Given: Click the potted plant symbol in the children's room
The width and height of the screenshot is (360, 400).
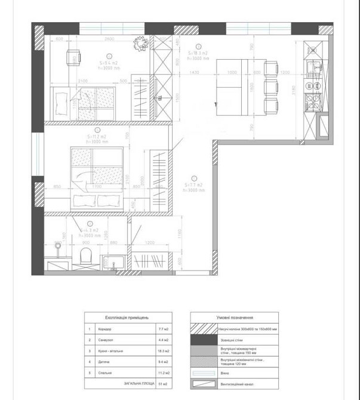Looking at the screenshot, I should [x=141, y=43].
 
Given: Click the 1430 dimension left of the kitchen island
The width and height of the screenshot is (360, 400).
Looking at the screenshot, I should [x=194, y=72].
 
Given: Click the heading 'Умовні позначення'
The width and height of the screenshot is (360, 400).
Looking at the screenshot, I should [x=236, y=318].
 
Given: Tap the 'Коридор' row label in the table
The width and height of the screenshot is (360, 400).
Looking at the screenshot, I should [x=103, y=330].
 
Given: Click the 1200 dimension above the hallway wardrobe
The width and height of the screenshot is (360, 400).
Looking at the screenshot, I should [x=149, y=243].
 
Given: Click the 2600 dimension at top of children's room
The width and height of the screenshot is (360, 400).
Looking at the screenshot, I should [x=109, y=39].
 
